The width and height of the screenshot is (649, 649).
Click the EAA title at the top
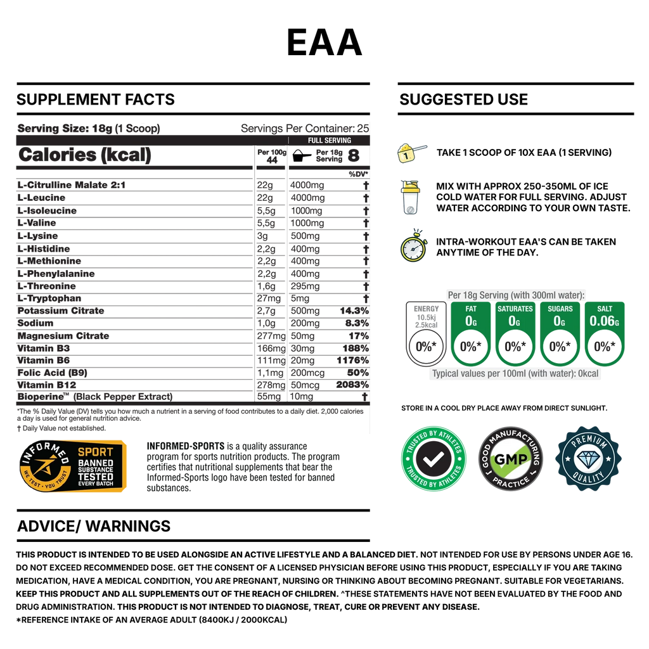coord(324,42)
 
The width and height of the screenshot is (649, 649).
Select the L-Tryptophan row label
coord(49,299)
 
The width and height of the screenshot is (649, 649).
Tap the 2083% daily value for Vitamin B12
coord(352,385)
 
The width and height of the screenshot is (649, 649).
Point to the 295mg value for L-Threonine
coord(305,286)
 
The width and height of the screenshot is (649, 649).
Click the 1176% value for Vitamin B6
coord(352,361)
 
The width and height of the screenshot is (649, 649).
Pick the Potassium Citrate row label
coord(61,311)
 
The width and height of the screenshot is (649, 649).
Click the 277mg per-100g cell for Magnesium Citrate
coord(271,336)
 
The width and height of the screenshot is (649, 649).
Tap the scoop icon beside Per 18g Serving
coord(302,156)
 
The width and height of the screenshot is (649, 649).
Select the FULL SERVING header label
coord(330,140)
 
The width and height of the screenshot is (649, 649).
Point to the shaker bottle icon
coord(411,198)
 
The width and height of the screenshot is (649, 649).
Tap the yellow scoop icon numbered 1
coord(411,153)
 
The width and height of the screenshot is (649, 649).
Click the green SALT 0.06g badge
coord(604,334)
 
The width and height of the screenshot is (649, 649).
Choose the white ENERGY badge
coord(426,334)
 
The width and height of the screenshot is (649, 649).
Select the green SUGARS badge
coord(560,334)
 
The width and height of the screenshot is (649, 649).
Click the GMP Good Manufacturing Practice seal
coord(511,459)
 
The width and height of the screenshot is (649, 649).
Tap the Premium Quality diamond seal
coord(589,459)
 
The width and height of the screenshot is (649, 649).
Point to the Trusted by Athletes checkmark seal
coord(434,459)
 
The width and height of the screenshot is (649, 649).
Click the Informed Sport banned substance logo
coord(73,466)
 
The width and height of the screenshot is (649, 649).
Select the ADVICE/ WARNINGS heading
coord(94,526)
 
